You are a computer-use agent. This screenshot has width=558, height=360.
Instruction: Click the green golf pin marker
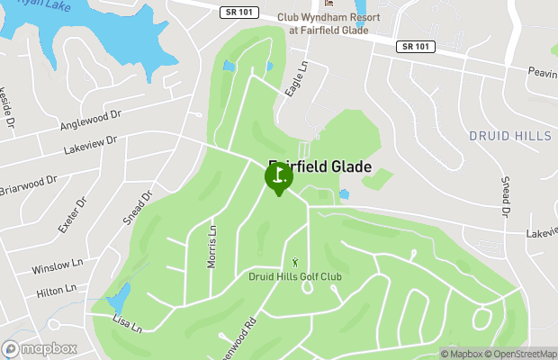click(x=278, y=176)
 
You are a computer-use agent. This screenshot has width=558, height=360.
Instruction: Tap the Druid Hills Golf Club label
click(x=296, y=276)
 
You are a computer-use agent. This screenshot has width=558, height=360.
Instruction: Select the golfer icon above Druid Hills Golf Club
click(x=296, y=262)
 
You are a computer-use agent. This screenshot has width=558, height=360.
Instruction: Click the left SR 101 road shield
click(x=236, y=12)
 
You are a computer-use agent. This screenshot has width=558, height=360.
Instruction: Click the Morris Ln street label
click(x=213, y=245)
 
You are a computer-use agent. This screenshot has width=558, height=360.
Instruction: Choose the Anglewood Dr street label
click(x=90, y=120)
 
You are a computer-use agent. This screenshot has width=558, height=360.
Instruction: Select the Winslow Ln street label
click(x=57, y=267)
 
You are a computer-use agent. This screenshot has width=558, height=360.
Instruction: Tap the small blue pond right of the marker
click(x=344, y=193)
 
